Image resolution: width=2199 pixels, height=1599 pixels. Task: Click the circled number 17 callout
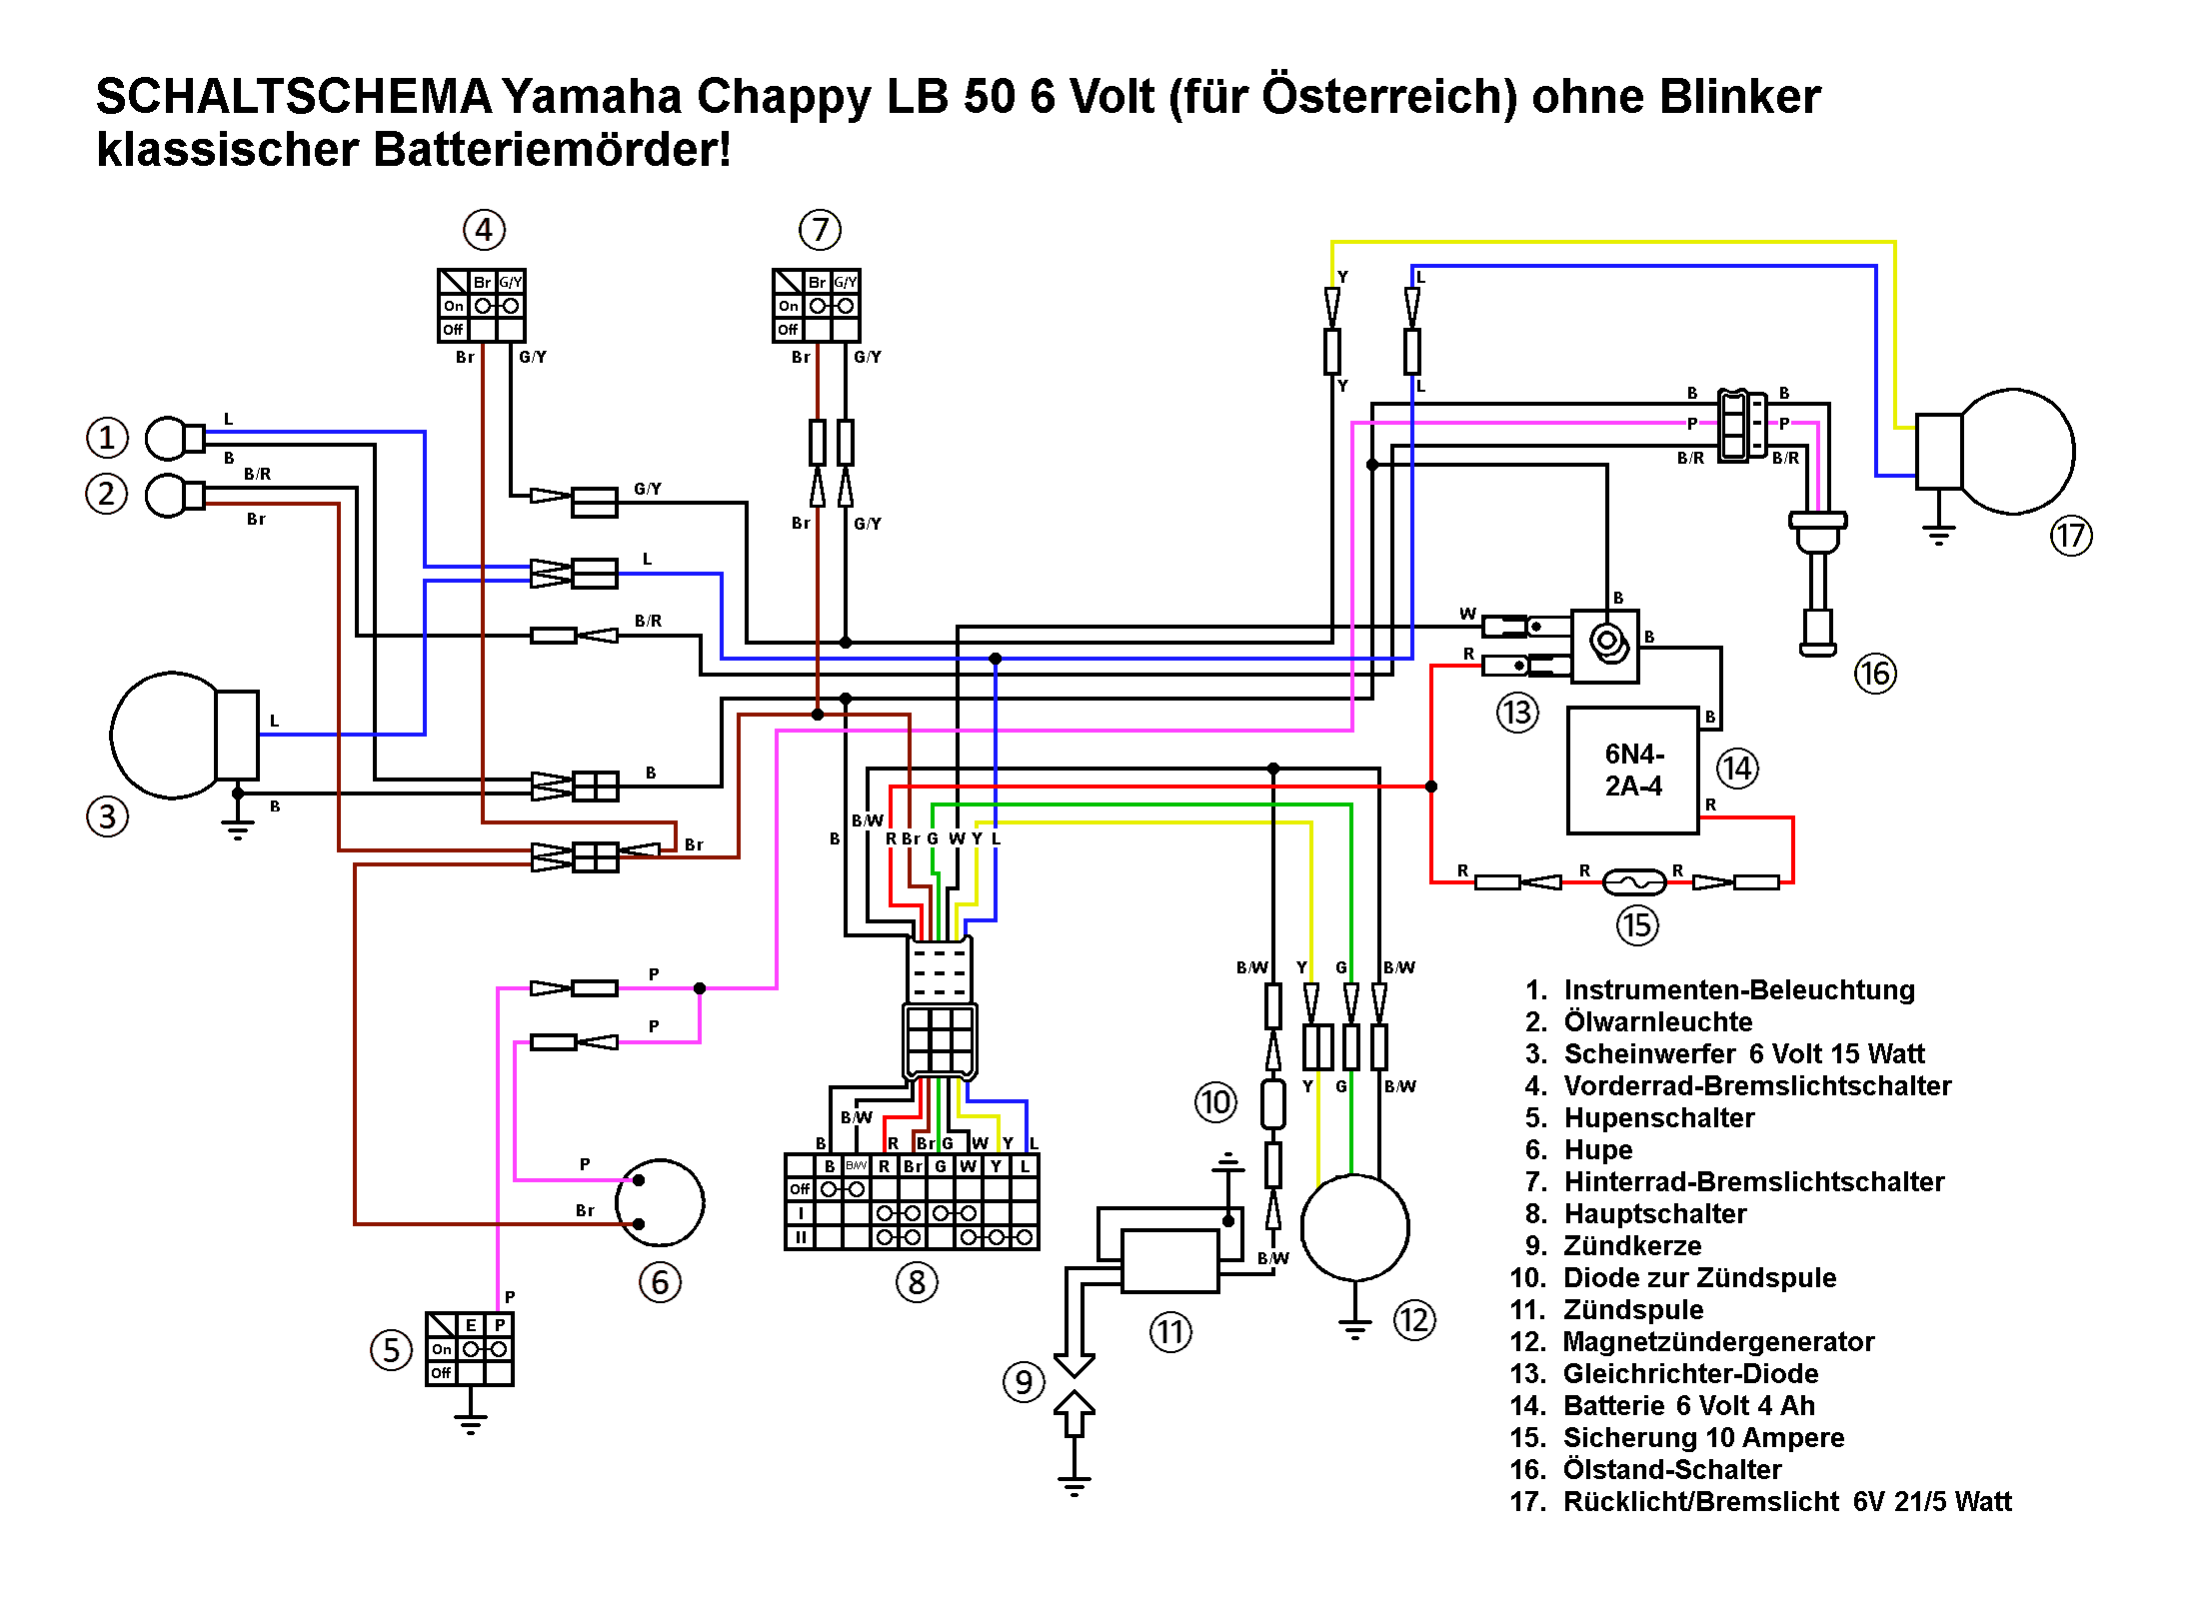[x=2070, y=536]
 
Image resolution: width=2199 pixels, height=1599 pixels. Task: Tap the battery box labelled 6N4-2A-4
[x=1632, y=771]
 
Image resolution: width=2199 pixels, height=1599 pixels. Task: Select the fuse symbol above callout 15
[x=1633, y=881]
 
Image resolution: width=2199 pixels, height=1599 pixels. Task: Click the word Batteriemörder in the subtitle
[x=550, y=150]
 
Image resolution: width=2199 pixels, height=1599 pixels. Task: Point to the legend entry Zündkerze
[x=1631, y=1245]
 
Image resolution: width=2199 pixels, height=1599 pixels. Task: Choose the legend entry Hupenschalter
[x=1658, y=1117]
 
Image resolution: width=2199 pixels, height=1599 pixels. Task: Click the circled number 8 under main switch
[x=917, y=1281]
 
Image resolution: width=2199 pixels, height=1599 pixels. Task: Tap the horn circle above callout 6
[x=660, y=1202]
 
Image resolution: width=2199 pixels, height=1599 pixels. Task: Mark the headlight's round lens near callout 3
[x=165, y=736]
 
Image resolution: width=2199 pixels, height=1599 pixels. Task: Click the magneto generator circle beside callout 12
[x=1354, y=1227]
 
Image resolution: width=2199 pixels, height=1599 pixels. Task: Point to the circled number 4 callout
[x=484, y=230]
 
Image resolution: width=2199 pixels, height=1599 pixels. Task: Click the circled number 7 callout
[x=820, y=230]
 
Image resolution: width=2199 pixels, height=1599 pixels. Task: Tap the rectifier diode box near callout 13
[x=1604, y=646]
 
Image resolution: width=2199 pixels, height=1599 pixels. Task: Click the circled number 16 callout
[x=1874, y=673]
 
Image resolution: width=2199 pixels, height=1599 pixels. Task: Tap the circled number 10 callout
[x=1215, y=1102]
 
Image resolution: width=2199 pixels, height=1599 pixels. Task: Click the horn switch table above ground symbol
[x=470, y=1349]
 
